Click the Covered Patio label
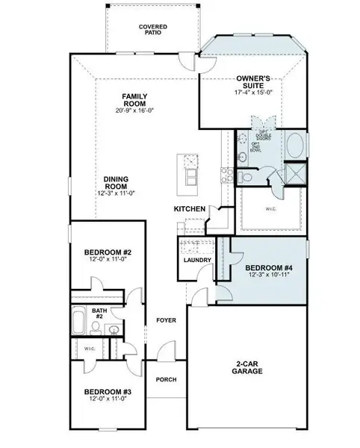153,29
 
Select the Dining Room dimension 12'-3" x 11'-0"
120,193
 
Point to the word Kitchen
186,209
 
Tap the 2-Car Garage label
246,367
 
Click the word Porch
166,379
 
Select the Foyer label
166,320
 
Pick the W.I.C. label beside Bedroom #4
270,209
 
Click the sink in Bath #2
114,329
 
